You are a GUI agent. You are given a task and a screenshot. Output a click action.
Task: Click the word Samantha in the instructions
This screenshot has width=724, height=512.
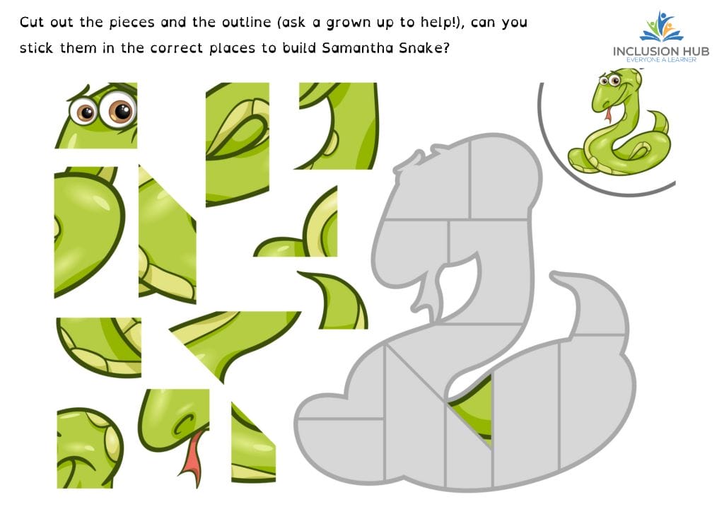358,48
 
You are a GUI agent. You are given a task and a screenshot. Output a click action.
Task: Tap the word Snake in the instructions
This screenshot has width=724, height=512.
420,48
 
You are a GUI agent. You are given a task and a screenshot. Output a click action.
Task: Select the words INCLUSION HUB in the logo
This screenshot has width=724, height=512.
661,51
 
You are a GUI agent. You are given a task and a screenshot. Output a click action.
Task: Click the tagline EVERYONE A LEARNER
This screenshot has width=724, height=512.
661,60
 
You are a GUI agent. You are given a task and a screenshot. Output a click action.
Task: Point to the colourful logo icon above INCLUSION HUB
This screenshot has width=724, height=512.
661,27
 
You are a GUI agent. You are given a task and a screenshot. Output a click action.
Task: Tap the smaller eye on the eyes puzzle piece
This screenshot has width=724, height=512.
84,111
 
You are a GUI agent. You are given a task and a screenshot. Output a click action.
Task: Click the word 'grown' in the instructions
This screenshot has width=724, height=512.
348,23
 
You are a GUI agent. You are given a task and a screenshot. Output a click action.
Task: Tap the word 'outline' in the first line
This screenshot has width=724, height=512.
246,22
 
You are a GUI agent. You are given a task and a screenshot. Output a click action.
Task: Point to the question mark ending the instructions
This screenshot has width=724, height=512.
445,48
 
